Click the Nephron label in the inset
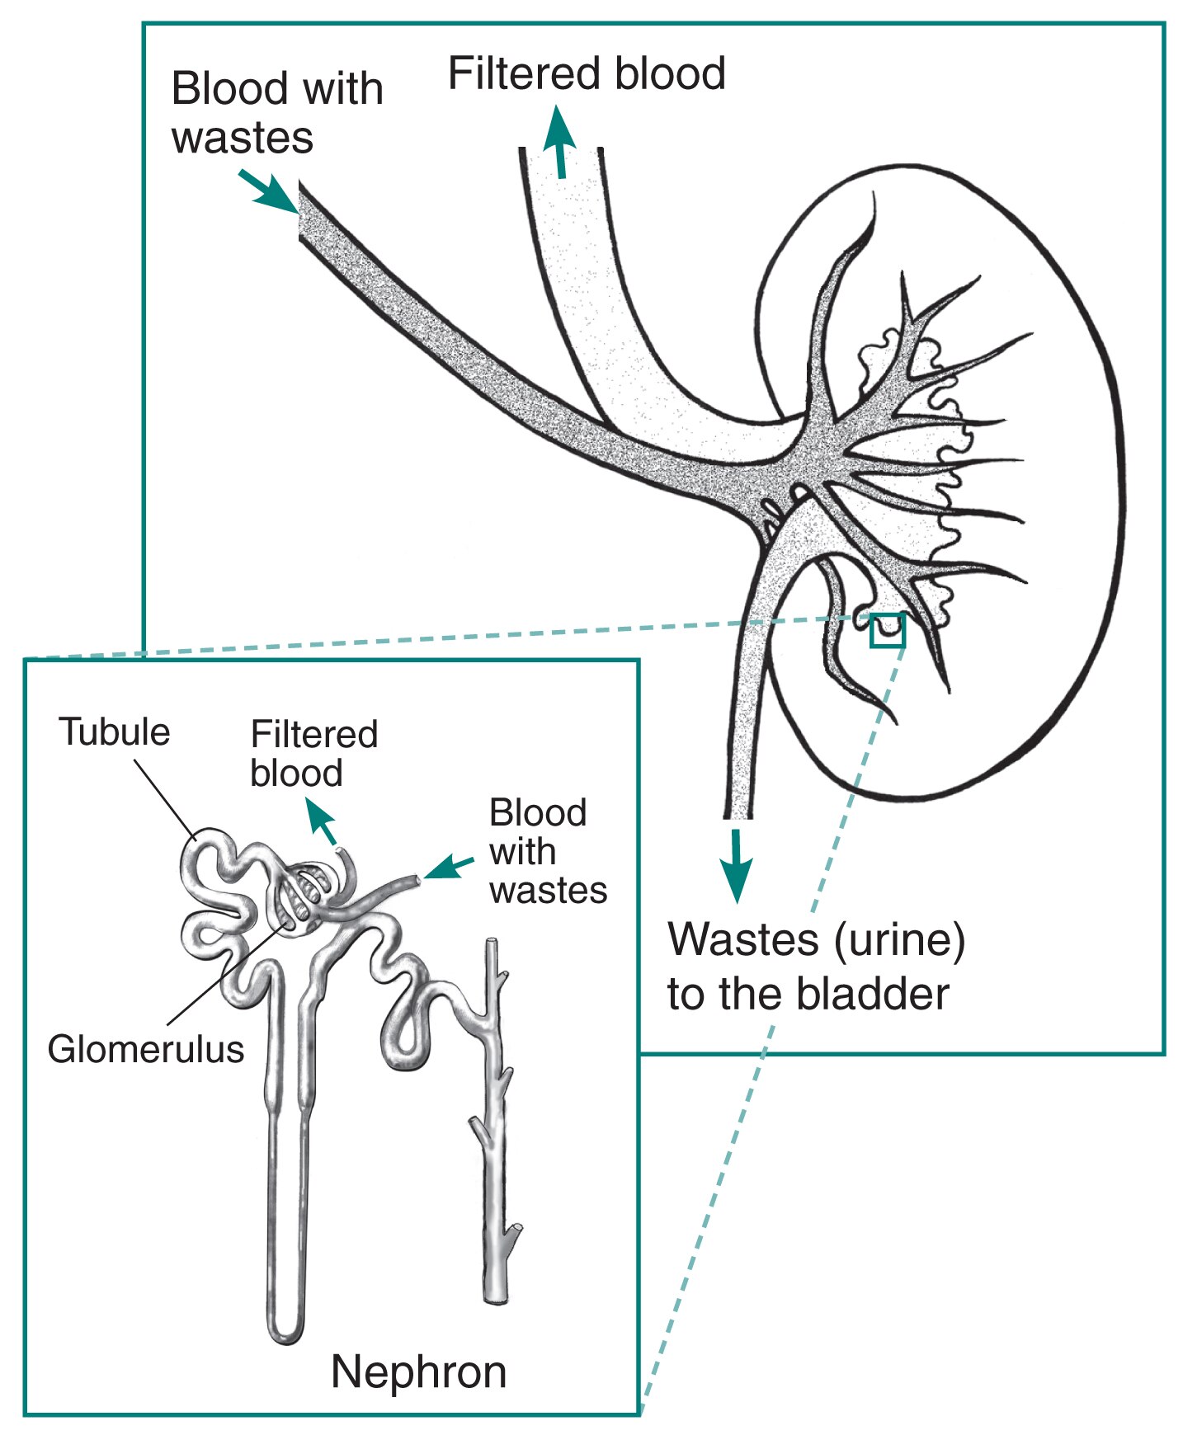(418, 1372)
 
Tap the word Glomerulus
(146, 1049)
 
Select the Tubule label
(114, 732)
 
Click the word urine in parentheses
(900, 940)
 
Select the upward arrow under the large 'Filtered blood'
(560, 141)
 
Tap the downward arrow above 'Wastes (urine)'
(736, 865)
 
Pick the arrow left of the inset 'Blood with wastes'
(450, 867)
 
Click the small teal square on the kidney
(888, 630)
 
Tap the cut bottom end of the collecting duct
(496, 1296)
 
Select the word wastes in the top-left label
(243, 137)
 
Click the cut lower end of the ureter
(738, 815)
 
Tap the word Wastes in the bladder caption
(743, 939)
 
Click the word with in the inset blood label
(522, 851)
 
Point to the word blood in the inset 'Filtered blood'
(296, 773)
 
